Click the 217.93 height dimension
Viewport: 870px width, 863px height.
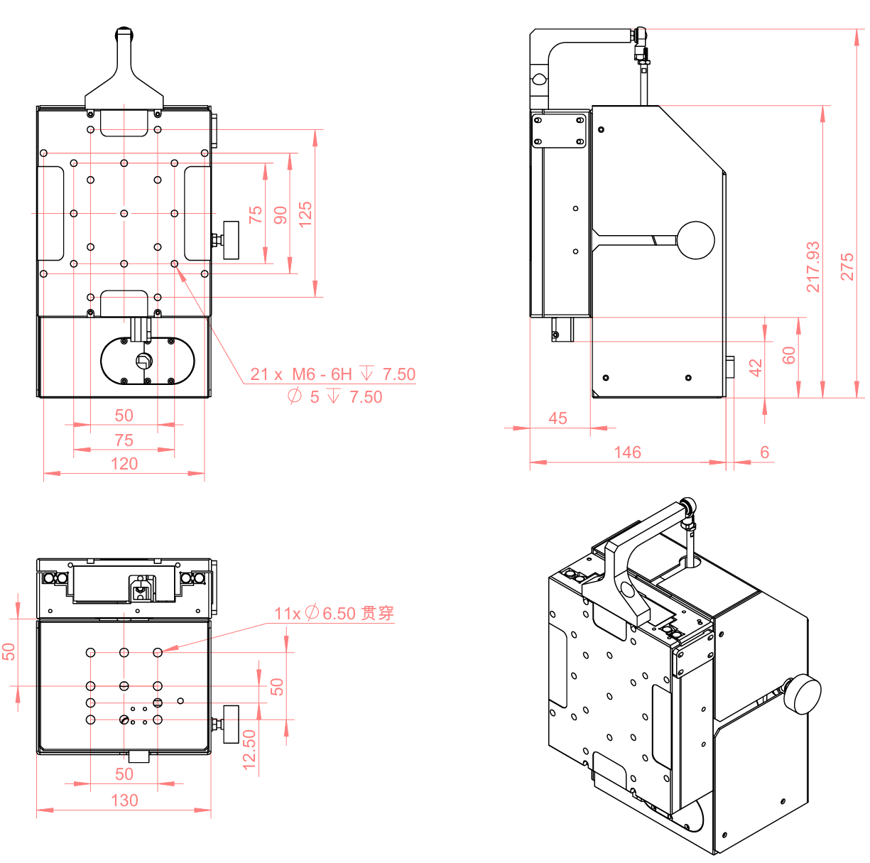click(813, 267)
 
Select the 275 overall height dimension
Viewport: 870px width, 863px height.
click(847, 267)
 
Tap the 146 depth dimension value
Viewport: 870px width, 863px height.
click(627, 452)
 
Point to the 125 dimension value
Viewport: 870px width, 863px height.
click(305, 214)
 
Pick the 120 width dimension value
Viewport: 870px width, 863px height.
click(124, 464)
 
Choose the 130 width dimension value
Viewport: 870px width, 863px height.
click(124, 800)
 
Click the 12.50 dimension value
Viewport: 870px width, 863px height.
click(249, 749)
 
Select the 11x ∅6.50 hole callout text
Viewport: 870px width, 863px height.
click(334, 613)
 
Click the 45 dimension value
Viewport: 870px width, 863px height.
click(558, 418)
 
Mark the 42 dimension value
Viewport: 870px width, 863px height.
click(756, 367)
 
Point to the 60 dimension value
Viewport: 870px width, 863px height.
click(789, 355)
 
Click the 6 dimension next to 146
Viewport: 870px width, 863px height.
click(764, 452)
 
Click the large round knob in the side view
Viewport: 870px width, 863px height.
click(695, 240)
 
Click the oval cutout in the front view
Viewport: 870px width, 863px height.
click(148, 361)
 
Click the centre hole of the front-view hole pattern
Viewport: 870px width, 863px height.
click(124, 213)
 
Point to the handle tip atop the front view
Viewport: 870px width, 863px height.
click(124, 33)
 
